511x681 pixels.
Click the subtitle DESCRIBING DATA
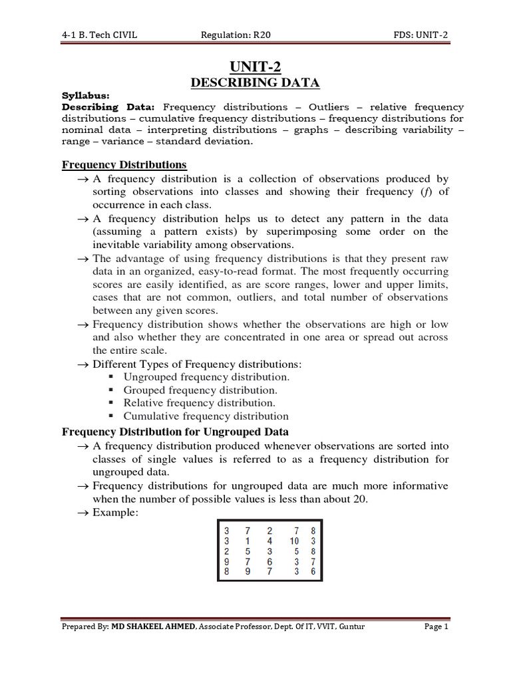(x=256, y=82)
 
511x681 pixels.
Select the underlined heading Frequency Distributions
(x=124, y=164)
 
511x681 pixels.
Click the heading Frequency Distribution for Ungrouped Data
(x=175, y=432)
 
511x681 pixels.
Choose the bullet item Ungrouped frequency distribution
(x=206, y=377)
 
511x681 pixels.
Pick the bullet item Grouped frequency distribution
(x=200, y=390)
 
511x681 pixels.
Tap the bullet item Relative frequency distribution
(x=199, y=403)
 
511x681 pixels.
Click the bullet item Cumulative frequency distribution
(x=206, y=416)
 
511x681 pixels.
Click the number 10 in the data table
(x=294, y=541)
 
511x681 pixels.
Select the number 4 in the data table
(x=269, y=541)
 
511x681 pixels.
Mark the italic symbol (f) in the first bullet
(x=424, y=192)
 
